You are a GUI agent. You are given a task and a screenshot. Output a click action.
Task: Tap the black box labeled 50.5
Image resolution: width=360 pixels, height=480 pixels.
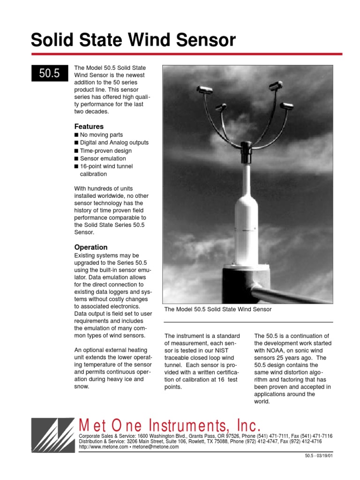coord(50,74)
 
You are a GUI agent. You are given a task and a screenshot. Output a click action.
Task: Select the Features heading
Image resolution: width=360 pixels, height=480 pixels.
coord(89,127)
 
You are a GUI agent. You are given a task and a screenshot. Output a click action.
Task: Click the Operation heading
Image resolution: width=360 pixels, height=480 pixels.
coord(91,247)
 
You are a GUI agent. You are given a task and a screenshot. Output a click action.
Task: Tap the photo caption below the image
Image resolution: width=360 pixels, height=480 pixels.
coord(218,309)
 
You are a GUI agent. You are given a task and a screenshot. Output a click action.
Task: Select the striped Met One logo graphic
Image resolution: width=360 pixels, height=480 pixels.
coord(52,435)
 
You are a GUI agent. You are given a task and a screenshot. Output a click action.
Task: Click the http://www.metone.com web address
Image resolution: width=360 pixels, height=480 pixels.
coord(103,447)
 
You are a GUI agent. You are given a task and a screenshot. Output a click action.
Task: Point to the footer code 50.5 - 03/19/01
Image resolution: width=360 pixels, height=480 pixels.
coord(318,456)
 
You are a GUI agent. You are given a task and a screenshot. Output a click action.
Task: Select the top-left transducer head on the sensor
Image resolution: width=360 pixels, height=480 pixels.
coord(205,89)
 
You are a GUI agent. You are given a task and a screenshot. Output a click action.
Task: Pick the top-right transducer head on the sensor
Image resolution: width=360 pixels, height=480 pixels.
coord(276,85)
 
